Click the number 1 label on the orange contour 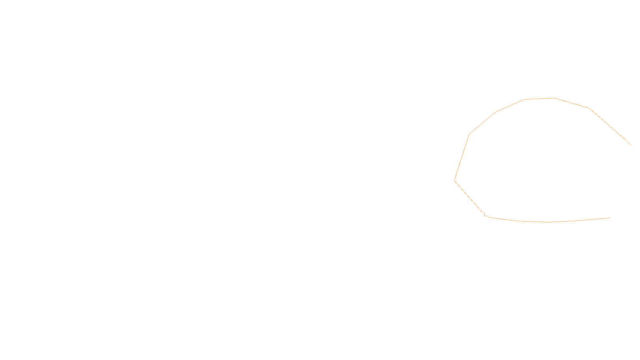pyautogui.click(x=484, y=214)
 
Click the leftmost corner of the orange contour pyautogui.click(x=454, y=181)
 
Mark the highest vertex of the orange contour pyautogui.click(x=554, y=98)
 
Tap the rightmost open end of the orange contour pyautogui.click(x=631, y=145)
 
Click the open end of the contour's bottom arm pyautogui.click(x=610, y=218)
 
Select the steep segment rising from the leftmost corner pyautogui.click(x=462, y=157)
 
